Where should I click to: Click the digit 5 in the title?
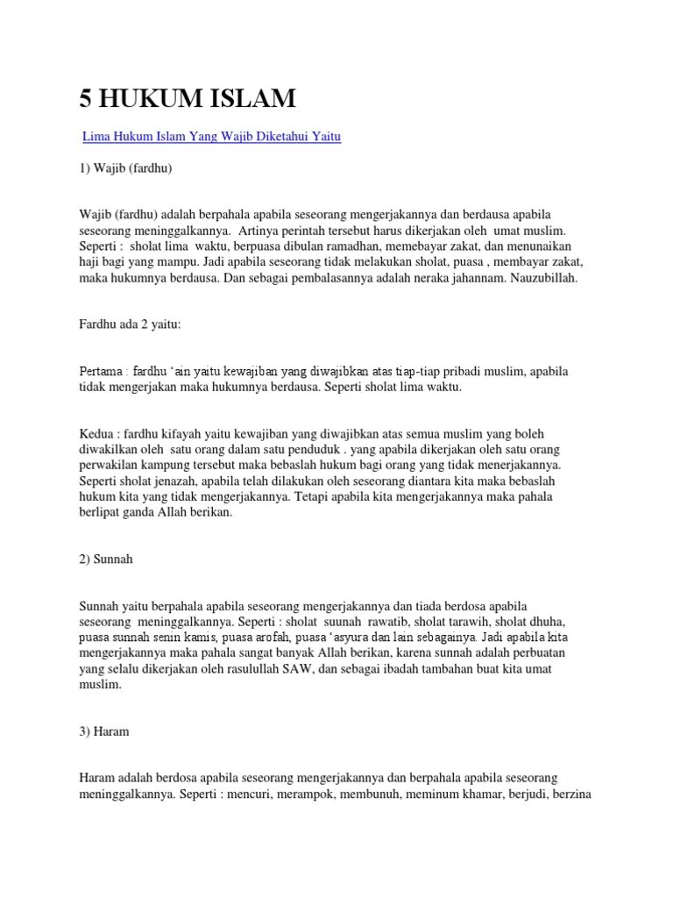pos(86,99)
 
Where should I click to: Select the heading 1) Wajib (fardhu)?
pos(126,168)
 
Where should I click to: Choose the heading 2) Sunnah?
pos(106,559)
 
